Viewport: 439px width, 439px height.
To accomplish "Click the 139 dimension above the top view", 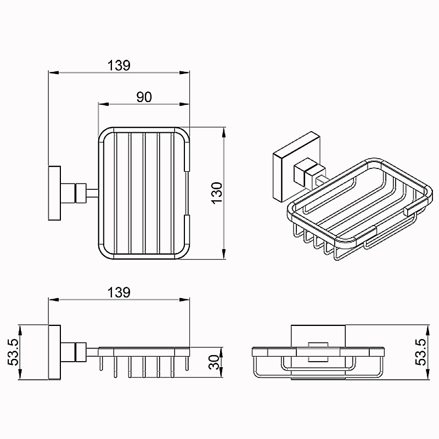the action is pos(119,65).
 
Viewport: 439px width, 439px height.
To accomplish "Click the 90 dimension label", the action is pos(144,97).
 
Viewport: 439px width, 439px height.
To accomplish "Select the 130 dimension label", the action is pos(217,193).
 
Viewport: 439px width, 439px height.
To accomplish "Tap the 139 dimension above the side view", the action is pos(119,292).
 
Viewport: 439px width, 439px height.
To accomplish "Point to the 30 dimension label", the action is pos(215,362).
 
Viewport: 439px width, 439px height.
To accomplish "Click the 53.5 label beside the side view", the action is pos(13,352).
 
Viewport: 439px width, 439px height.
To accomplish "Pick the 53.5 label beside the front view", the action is pos(420,352).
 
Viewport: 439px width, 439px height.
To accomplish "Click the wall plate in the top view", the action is pos(54,193).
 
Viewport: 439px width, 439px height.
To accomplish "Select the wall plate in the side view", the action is pos(54,352).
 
